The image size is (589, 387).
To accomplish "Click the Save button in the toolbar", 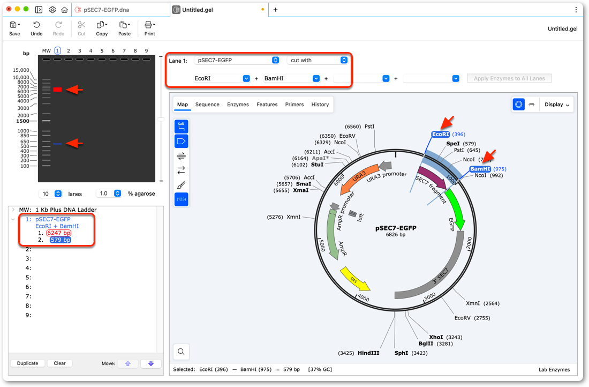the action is pos(14,28).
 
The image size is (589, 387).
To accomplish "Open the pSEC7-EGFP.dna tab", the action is pos(107,10).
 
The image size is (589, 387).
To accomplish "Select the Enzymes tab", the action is pos(238,105).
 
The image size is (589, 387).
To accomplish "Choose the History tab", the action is pos(320,105).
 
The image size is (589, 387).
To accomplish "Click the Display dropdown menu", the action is pos(557,105).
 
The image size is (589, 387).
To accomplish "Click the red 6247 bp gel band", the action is pos(57,90).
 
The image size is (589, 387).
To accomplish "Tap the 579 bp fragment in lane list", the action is pos(61,240).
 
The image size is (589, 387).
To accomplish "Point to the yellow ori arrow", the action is pos(355,279).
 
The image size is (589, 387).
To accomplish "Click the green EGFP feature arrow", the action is pos(456,208).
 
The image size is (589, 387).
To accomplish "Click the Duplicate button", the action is pos(27,363).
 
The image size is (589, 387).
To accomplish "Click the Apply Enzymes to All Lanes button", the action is pos(509,78).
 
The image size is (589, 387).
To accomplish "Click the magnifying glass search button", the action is pos(181,352).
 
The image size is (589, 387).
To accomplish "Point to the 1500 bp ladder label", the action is pos(23,121).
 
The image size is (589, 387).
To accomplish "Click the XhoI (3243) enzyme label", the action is pos(445,337).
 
